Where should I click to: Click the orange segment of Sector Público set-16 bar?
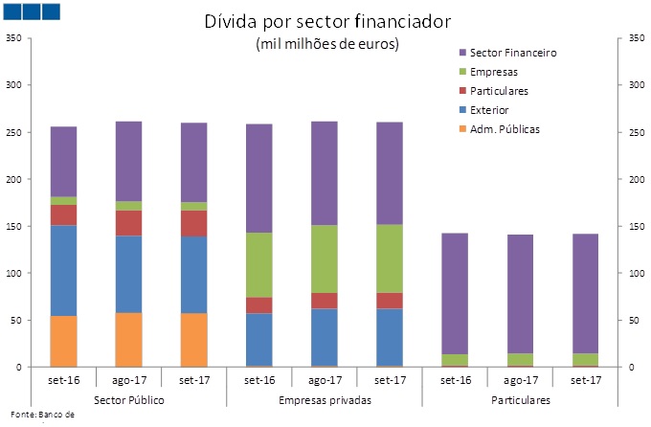pos(63,342)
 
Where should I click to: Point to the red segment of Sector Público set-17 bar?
pos(193,223)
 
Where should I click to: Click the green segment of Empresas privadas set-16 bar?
pos(258,265)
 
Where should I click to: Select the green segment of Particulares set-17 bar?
pos(585,359)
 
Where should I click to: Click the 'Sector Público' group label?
pos(128,397)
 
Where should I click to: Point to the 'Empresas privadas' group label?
pos(325,397)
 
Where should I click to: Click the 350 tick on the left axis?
pos(13,38)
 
